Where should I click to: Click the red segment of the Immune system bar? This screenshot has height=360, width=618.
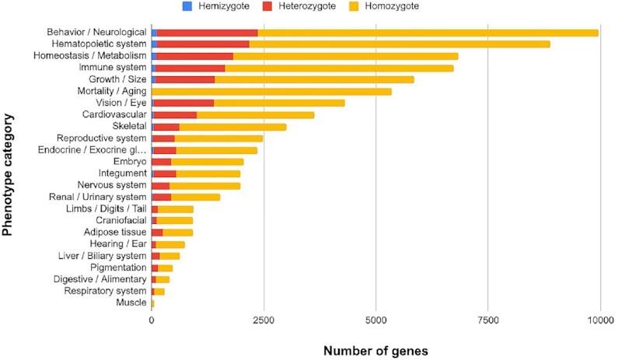[x=191, y=68]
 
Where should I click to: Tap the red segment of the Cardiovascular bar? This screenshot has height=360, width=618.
[x=176, y=115]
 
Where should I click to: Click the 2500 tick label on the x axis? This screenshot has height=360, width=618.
[x=264, y=320]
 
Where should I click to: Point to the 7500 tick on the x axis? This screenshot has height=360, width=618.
[x=488, y=320]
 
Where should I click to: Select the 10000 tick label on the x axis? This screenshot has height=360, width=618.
[x=599, y=320]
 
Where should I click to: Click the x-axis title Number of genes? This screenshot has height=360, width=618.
[x=375, y=349]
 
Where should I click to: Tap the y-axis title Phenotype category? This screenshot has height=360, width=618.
[x=9, y=173]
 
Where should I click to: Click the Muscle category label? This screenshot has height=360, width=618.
[x=131, y=302]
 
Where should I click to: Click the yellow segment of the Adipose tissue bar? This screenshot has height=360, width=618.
[x=178, y=232]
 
